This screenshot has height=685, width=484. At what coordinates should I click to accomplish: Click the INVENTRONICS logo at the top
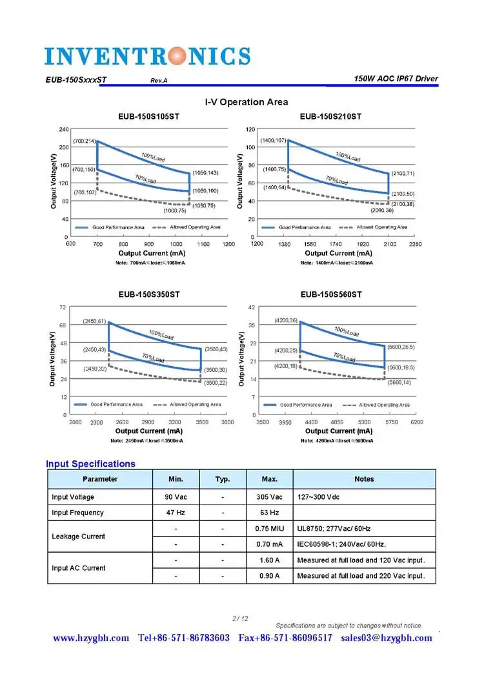pyautogui.click(x=147, y=56)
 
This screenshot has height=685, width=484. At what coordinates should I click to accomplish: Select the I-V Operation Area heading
pyautogui.click(x=247, y=102)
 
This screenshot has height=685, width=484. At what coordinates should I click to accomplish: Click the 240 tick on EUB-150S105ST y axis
pyautogui.click(x=64, y=130)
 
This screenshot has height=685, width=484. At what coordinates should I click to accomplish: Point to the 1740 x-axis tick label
pyautogui.click(x=336, y=244)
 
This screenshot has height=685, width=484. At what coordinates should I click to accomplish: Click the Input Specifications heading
pyautogui.click(x=90, y=464)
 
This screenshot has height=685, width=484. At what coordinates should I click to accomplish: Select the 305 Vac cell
pyautogui.click(x=270, y=497)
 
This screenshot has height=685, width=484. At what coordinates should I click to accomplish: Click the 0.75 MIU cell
pyautogui.click(x=270, y=528)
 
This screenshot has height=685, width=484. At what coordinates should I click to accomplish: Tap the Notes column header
pyautogui.click(x=364, y=479)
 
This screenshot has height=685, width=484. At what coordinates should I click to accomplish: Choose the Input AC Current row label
pyautogui.click(x=78, y=568)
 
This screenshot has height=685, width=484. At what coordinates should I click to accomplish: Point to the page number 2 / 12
pyautogui.click(x=240, y=619)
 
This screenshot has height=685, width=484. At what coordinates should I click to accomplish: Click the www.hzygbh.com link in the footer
pyautogui.click(x=91, y=638)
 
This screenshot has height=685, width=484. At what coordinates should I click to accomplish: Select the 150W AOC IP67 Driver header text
pyautogui.click(x=396, y=79)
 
